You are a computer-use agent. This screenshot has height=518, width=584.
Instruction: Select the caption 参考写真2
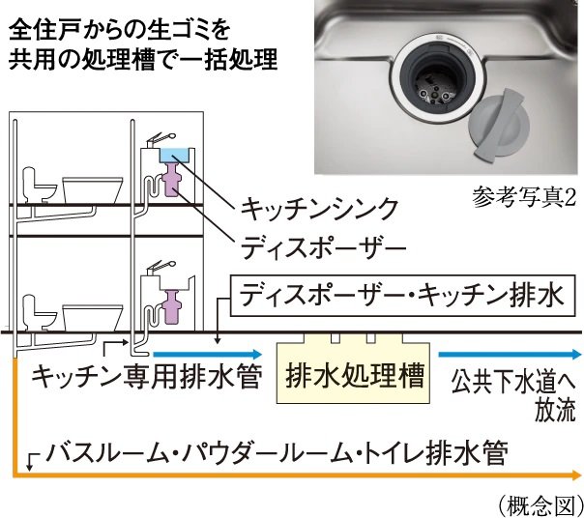525,198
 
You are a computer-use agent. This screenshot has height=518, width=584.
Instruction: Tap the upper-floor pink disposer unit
175,179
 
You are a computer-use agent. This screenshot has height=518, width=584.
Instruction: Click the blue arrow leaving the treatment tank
512,354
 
